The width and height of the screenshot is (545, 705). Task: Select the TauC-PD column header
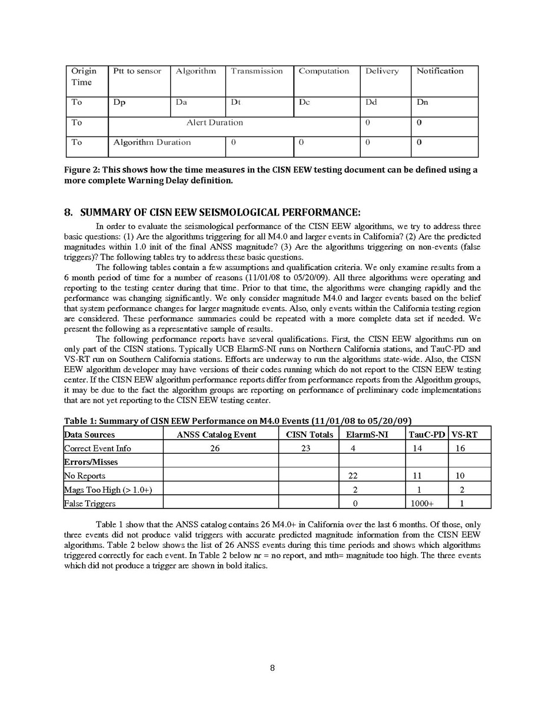[x=427, y=434]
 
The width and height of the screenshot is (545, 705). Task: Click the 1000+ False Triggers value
[x=421, y=503]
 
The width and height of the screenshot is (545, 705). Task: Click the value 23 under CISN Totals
[x=305, y=448]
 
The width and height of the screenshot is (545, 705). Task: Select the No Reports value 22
[x=354, y=475]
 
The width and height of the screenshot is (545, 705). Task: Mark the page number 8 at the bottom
[x=272, y=668]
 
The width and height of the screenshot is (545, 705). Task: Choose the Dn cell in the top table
[x=422, y=102]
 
